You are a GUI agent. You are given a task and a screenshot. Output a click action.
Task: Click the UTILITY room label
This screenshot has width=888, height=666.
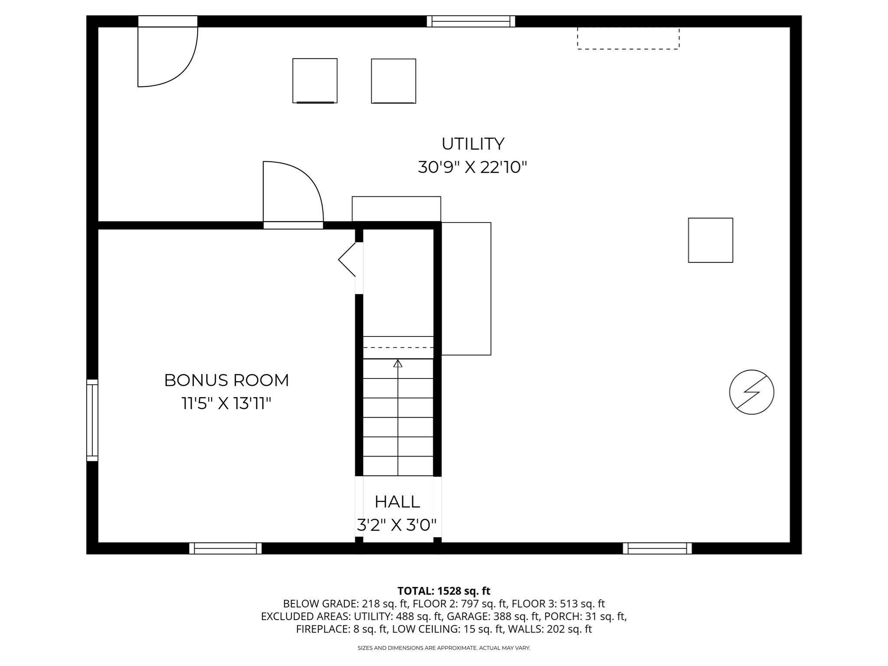[473, 144]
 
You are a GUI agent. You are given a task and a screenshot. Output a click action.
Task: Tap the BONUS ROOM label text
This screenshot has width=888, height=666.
[226, 380]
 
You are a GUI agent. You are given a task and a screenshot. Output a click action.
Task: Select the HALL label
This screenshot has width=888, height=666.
[397, 502]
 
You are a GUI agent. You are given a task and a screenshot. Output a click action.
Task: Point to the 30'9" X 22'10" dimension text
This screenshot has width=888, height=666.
[472, 167]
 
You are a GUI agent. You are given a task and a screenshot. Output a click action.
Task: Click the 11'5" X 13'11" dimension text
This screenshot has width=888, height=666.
[226, 404]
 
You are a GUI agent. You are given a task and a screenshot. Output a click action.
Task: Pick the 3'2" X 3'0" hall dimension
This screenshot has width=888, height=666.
[396, 525]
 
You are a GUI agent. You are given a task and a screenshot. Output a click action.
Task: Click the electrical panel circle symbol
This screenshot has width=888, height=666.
[751, 392]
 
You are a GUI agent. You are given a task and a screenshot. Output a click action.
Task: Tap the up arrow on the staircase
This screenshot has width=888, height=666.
[398, 363]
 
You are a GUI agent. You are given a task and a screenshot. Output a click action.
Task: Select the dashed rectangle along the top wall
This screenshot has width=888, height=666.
[628, 39]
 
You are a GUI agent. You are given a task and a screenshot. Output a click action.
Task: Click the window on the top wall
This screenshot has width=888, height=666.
[471, 21]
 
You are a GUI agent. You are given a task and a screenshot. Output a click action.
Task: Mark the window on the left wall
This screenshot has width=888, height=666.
[92, 420]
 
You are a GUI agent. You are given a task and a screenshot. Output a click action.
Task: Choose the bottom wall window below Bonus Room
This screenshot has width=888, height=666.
[225, 548]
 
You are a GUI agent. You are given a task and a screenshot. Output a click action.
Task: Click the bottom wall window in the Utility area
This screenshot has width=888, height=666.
[657, 548]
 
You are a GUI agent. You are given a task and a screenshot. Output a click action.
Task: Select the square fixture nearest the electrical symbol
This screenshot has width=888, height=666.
[710, 240]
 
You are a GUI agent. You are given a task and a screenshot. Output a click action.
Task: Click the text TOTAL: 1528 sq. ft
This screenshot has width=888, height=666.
[444, 591]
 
